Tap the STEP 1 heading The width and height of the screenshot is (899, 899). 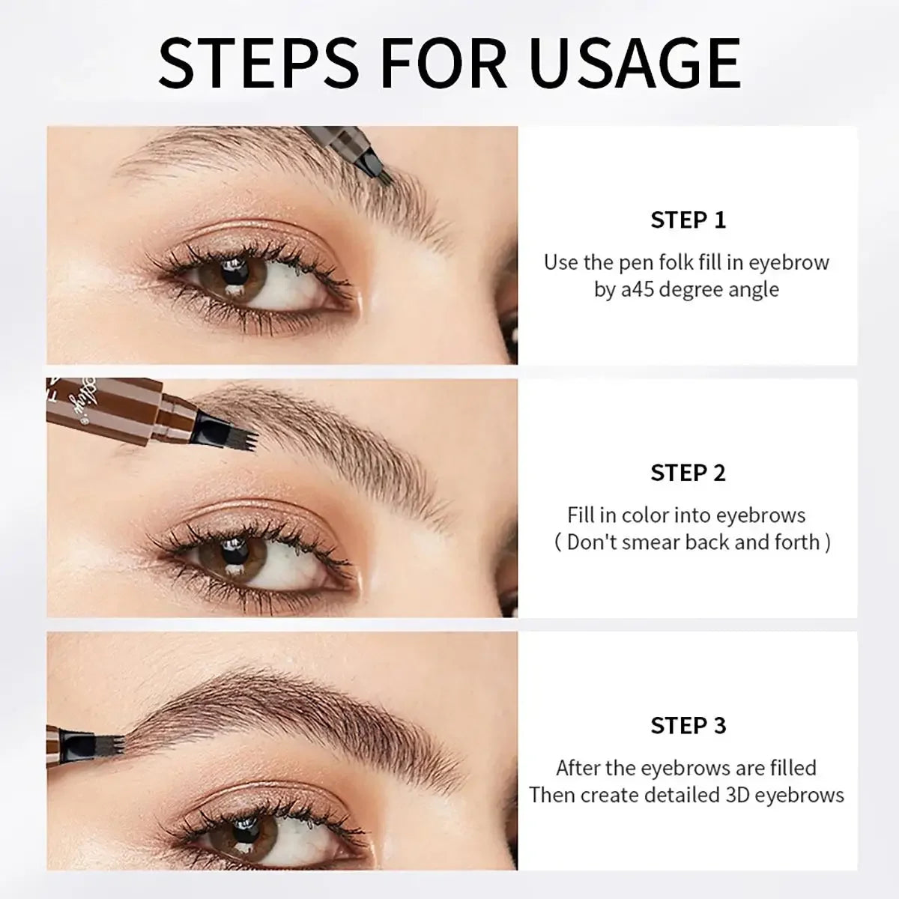[688, 220]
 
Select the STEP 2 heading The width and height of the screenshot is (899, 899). [688, 473]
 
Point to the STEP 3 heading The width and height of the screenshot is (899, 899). [688, 725]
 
